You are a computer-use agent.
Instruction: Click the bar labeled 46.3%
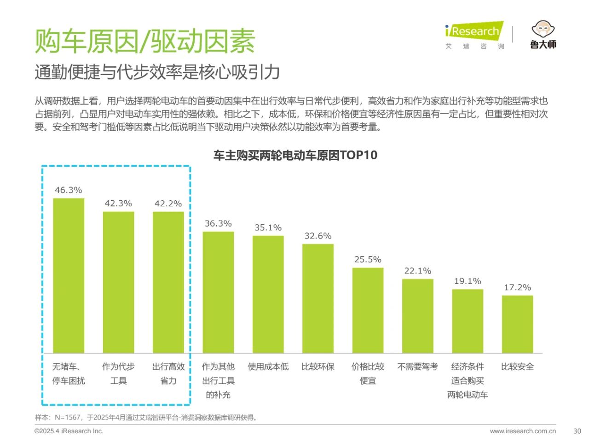tap(69, 275)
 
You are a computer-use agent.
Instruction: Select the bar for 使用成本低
tap(268, 294)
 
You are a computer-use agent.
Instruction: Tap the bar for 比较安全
tap(517, 324)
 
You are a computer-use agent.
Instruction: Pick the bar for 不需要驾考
tap(417, 316)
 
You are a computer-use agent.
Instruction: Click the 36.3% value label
tap(218, 224)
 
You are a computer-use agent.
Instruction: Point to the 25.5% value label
tap(368, 260)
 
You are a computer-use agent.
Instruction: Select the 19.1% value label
tap(468, 281)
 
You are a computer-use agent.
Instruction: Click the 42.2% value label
tap(168, 204)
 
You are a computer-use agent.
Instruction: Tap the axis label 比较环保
tap(318, 367)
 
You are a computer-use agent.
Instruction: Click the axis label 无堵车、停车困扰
tap(69, 373)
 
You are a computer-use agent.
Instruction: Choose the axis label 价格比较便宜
tap(368, 373)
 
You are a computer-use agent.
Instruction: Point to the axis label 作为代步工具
tap(118, 373)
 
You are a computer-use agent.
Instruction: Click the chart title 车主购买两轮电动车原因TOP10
tap(295, 155)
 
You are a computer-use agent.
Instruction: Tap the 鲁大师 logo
tap(543, 35)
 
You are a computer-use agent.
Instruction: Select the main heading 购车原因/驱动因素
tap(145, 41)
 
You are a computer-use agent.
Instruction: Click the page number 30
tap(577, 431)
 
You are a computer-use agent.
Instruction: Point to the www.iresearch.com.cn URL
tap(523, 431)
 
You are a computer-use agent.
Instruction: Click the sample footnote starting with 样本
tap(146, 418)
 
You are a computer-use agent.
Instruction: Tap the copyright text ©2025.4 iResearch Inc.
tap(69, 431)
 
